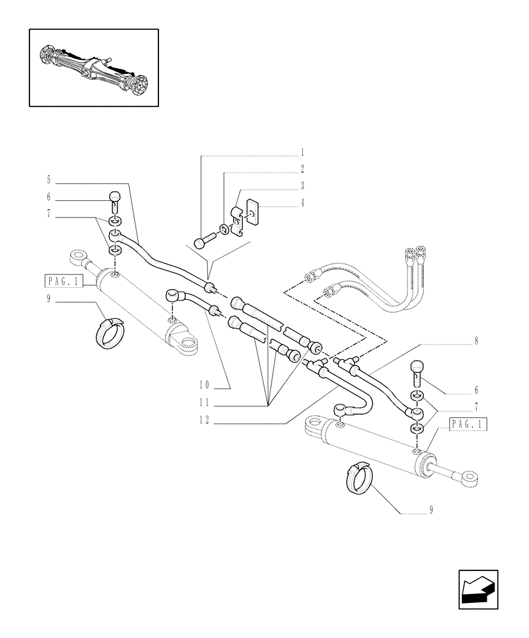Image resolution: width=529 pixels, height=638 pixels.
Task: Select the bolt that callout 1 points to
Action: pyautogui.click(x=203, y=242)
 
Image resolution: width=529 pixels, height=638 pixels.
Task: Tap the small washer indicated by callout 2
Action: pyautogui.click(x=224, y=229)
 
